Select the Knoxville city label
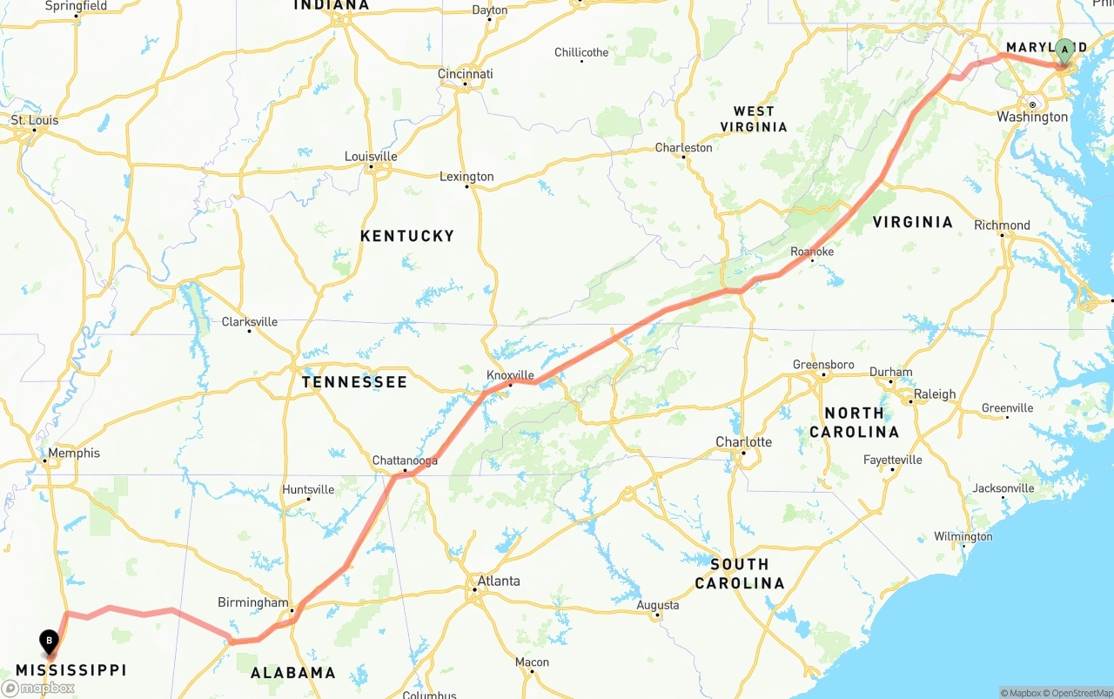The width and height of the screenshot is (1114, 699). point(510,375)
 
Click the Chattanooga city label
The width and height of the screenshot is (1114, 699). point(405,460)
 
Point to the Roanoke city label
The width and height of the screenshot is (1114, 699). point(812,252)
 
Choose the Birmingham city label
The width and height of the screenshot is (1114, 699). point(252,602)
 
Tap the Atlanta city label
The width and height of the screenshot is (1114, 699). point(498,581)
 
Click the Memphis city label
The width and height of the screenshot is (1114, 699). point(73,453)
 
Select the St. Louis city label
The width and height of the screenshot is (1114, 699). point(35,120)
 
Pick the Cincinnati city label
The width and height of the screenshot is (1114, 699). point(465,74)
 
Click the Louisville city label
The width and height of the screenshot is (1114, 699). point(371,157)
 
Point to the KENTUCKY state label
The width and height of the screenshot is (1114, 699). point(407,236)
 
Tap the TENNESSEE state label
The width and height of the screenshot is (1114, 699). point(354,382)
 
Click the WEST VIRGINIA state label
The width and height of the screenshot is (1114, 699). point(754,119)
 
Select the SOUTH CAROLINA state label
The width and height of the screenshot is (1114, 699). point(740,574)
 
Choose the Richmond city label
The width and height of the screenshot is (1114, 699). point(1002,225)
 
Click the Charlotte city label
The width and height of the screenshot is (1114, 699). point(743,441)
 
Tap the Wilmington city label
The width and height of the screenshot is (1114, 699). point(963,536)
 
